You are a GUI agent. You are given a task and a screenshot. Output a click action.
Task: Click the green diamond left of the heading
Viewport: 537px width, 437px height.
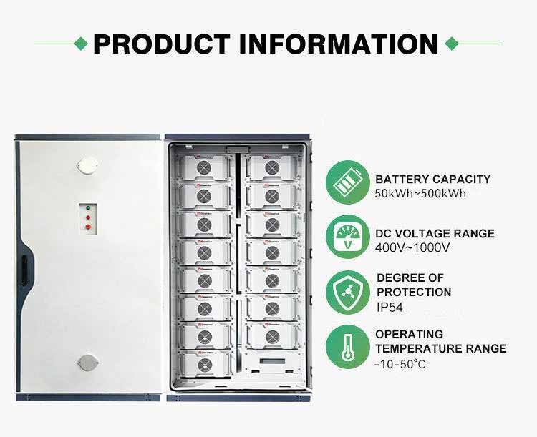pos(83,44)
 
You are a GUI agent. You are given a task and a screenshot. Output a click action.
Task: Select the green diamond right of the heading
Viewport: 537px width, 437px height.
pos(451,44)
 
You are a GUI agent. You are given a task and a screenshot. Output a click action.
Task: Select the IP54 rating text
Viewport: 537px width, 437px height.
pos(390,307)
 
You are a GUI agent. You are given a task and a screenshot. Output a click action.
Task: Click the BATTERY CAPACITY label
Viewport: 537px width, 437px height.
pos(432,180)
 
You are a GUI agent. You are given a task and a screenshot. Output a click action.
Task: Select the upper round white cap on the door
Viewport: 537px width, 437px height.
pos(87,165)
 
